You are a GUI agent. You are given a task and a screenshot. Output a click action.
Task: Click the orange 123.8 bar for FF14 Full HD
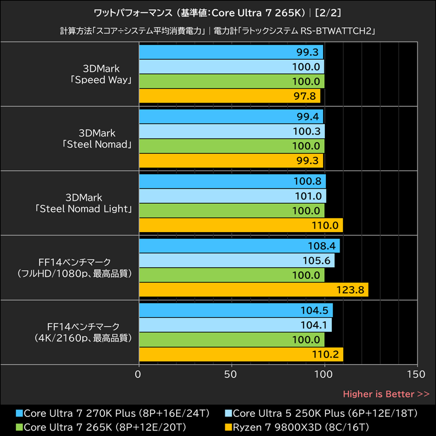(x=253, y=290)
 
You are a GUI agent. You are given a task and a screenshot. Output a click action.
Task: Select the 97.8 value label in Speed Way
(x=308, y=96)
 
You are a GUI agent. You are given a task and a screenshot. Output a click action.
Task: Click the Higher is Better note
(x=386, y=393)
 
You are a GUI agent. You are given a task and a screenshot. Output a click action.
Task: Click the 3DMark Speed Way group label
(x=101, y=74)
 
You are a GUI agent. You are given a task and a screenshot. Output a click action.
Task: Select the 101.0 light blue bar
(x=232, y=196)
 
